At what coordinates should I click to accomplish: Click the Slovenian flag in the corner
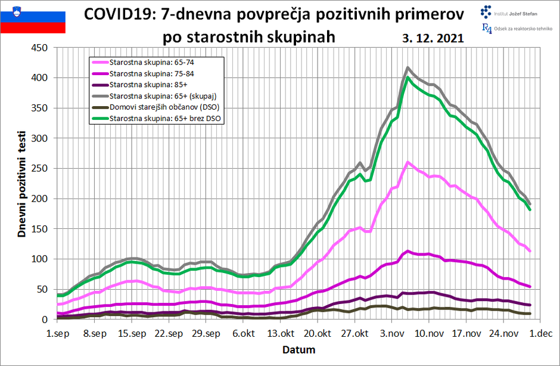click(33, 17)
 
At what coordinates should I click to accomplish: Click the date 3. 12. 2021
click(433, 38)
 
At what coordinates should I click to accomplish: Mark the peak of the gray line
click(407, 68)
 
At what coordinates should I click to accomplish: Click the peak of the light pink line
click(407, 162)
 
